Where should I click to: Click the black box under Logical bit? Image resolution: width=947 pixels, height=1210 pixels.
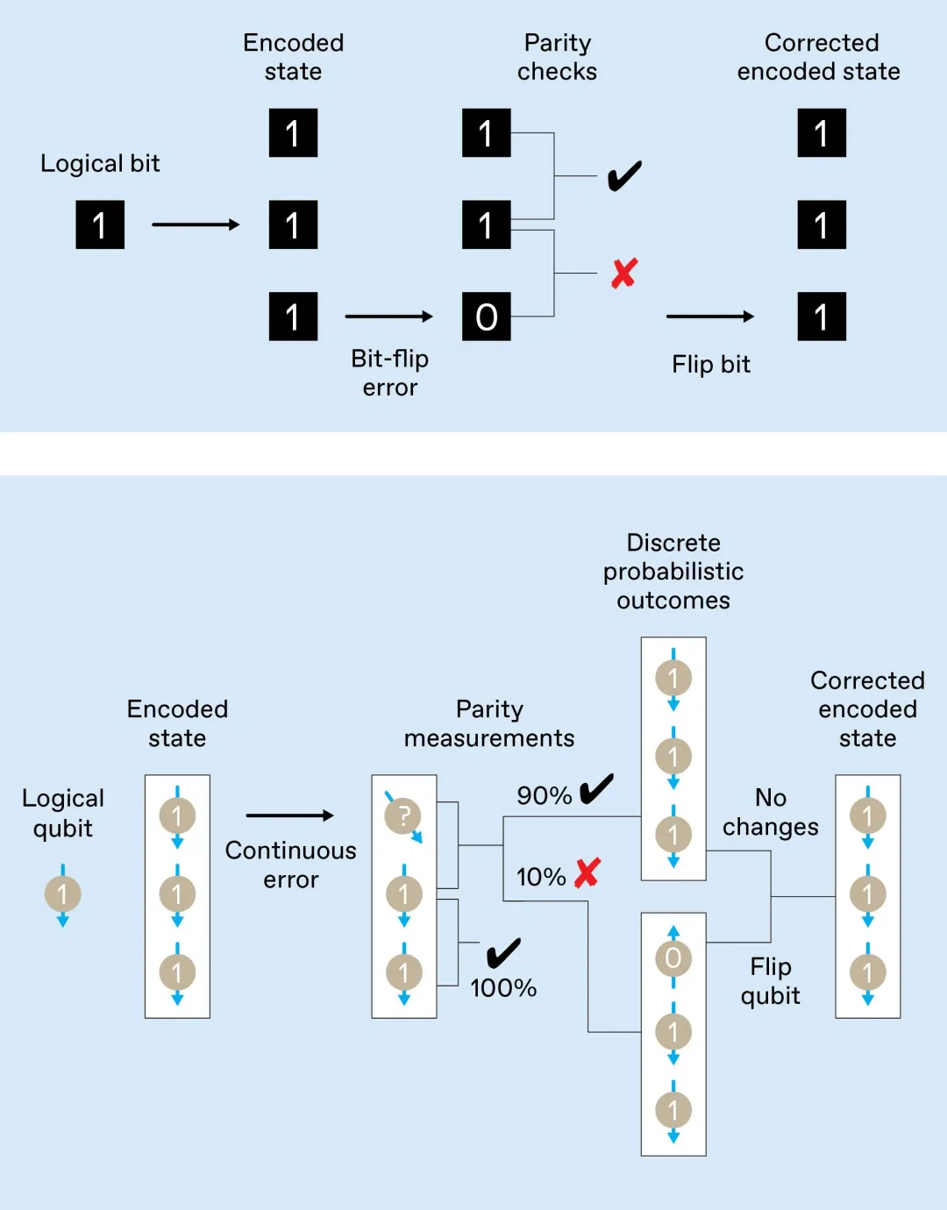pyautogui.click(x=100, y=224)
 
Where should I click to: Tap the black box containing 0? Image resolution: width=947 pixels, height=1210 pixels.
pyautogui.click(x=487, y=317)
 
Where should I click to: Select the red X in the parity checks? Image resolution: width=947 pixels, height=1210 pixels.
pyautogui.click(x=624, y=274)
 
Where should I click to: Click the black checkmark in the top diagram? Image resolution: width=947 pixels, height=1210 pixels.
pyautogui.click(x=624, y=176)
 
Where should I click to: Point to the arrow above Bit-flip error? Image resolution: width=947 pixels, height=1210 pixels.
pyautogui.click(x=389, y=317)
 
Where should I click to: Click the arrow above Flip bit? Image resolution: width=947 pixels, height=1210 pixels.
pyautogui.click(x=710, y=317)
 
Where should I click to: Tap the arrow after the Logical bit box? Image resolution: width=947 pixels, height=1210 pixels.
pyautogui.click(x=196, y=224)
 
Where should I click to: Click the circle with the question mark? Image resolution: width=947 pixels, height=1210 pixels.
pyautogui.click(x=402, y=815)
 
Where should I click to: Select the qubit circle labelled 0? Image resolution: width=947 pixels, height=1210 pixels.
pyautogui.click(x=673, y=958)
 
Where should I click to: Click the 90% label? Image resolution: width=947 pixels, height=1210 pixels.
pyautogui.click(x=544, y=795)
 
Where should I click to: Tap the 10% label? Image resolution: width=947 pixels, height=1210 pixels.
pyautogui.click(x=541, y=877)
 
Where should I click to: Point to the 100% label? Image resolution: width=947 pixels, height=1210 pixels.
pyautogui.click(x=503, y=988)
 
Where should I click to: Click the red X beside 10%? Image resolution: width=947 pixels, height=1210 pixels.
pyautogui.click(x=587, y=872)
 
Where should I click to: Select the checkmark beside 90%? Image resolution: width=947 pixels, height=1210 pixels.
pyautogui.click(x=596, y=789)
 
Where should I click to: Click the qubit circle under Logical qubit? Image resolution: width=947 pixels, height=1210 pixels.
pyautogui.click(x=62, y=894)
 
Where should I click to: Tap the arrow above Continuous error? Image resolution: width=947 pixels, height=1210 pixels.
pyautogui.click(x=290, y=815)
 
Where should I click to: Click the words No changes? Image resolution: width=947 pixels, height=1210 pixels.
pyautogui.click(x=771, y=812)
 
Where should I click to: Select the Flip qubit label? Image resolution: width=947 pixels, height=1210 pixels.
pyautogui.click(x=771, y=981)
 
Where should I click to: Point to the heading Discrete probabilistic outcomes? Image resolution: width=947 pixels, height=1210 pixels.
pyautogui.click(x=673, y=572)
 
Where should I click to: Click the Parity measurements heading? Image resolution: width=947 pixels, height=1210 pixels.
pyautogui.click(x=489, y=723)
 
